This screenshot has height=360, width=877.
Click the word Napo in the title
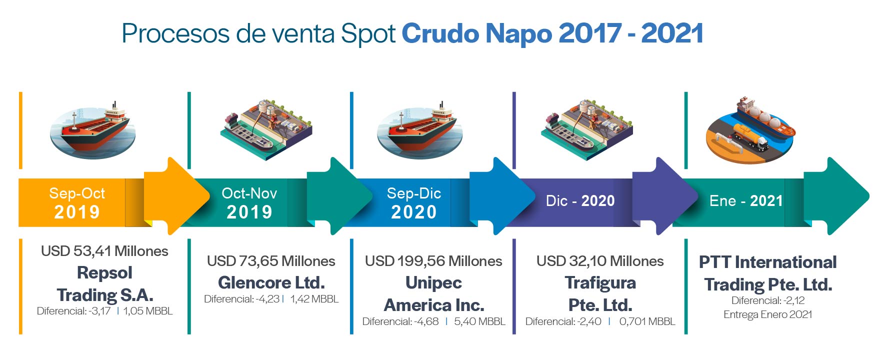(518, 34)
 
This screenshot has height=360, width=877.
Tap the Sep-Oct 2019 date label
(77, 202)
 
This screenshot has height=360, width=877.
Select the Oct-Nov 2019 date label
(249, 202)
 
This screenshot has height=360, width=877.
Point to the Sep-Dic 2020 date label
(414, 202)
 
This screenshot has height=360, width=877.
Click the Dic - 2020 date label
(580, 201)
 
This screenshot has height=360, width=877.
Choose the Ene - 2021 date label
(746, 201)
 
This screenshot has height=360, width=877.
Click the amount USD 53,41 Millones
(104, 251)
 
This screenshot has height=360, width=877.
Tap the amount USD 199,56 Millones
(433, 261)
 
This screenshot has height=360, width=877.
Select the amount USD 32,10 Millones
(600, 261)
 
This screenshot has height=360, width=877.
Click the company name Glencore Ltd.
(271, 283)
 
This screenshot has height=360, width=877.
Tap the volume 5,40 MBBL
(479, 321)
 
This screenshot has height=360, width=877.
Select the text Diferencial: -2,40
(563, 321)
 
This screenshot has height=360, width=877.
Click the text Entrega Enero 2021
(768, 314)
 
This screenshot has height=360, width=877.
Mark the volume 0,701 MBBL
(647, 321)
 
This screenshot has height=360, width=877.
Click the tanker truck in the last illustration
(750, 137)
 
